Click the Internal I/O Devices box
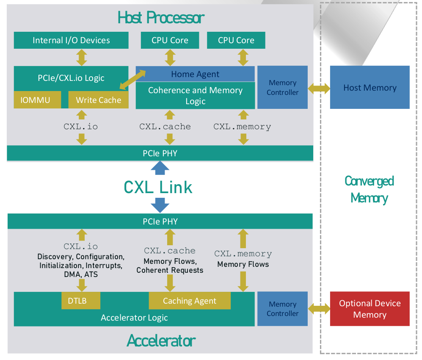click(x=71, y=40)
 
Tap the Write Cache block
click(x=98, y=100)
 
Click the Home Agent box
click(x=195, y=74)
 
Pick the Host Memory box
click(x=370, y=88)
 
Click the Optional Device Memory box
click(x=370, y=309)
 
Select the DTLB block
click(x=81, y=301)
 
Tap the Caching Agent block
click(x=189, y=301)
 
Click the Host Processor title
click(x=161, y=18)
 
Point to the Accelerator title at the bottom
click(x=161, y=340)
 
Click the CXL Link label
click(x=158, y=187)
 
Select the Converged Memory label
click(x=369, y=189)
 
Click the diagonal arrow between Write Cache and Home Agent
click(x=132, y=80)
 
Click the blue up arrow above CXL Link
click(x=160, y=168)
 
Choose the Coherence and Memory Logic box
click(x=195, y=96)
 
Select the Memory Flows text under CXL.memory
click(x=243, y=264)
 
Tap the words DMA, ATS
click(x=81, y=274)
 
